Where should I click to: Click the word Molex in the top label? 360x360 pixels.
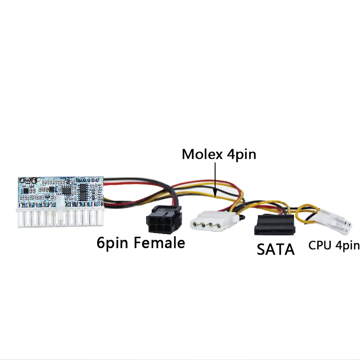point(201,154)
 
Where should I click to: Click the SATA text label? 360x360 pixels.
point(275,249)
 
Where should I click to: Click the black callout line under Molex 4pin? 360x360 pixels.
point(216,180)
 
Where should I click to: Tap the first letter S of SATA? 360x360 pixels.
point(261,249)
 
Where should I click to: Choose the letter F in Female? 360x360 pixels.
point(136,243)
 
